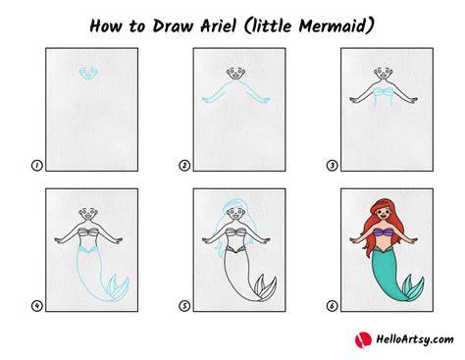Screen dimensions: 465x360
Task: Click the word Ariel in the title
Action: [x=218, y=26]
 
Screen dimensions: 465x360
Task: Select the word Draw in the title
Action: [x=173, y=26]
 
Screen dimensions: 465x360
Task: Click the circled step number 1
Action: [x=37, y=166]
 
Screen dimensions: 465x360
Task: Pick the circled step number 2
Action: [x=184, y=166]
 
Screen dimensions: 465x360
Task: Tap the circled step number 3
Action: [x=333, y=166]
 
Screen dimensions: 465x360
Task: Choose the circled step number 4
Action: [x=37, y=306]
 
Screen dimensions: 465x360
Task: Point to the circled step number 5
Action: [x=184, y=306]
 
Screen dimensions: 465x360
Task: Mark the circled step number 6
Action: [x=333, y=306]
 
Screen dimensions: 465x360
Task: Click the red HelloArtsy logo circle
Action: [x=363, y=339]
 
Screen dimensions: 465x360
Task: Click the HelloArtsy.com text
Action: [x=415, y=339]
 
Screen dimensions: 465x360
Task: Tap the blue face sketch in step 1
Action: [x=88, y=73]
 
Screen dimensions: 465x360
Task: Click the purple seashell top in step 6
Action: [x=384, y=232]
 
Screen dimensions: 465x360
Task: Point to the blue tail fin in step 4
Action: [x=118, y=287]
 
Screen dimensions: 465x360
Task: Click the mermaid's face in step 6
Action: [x=384, y=216]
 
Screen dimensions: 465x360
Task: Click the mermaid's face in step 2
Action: [x=235, y=74]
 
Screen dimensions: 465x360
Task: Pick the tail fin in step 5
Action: [x=265, y=287]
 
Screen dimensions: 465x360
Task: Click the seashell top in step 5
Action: [x=235, y=232]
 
